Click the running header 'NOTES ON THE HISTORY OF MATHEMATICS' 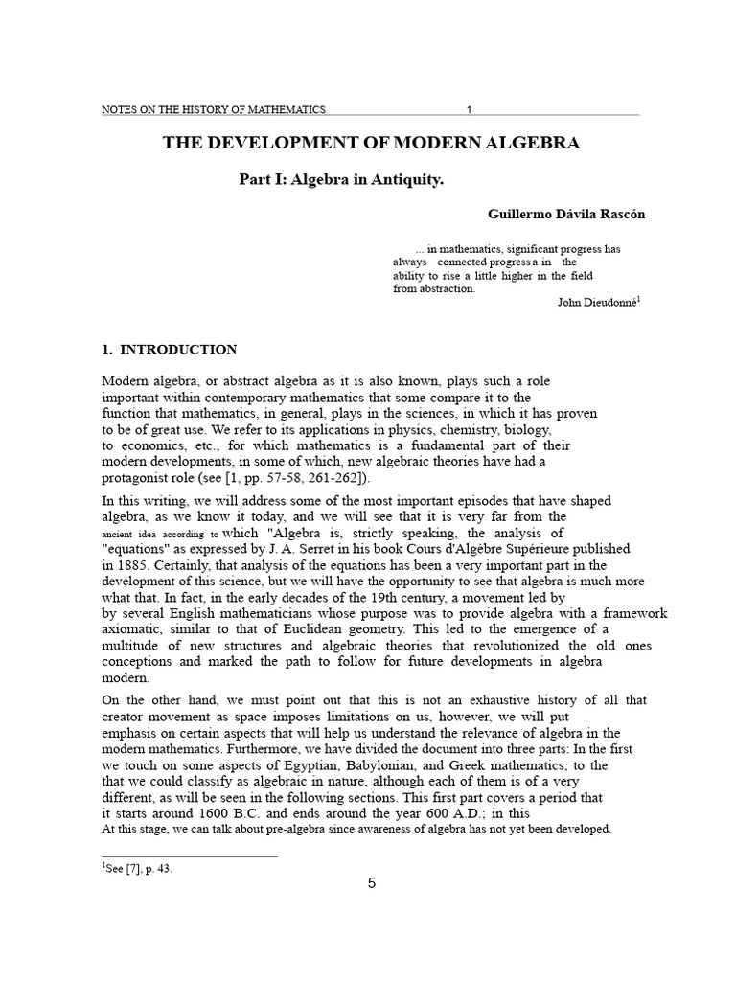point(214,109)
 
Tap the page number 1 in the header point(469,109)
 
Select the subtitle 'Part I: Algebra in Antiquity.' point(342,180)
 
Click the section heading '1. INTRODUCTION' point(170,350)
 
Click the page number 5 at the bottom point(372,883)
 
